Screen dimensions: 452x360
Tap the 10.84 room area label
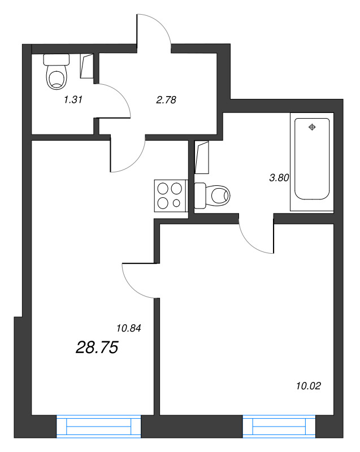coord(128,327)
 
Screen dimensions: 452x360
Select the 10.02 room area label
coord(308,386)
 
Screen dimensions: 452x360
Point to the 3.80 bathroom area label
coord(279,177)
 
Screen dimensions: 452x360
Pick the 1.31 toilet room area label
coord(73,100)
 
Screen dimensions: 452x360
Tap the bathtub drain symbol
coord(311,128)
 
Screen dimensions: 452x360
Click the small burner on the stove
coord(177,203)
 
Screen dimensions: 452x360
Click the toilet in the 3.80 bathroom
coord(214,195)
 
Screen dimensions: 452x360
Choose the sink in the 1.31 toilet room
coord(88,67)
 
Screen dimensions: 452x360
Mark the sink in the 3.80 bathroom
coord(202,157)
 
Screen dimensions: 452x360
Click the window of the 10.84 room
coord(98,427)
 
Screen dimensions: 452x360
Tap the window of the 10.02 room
coord(279,427)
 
